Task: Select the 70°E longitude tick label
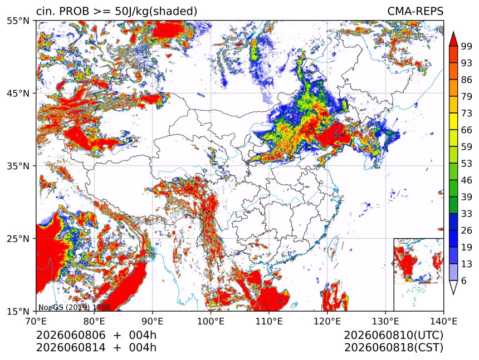[36, 321]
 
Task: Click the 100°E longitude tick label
[211, 321]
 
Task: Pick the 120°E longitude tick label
[327, 321]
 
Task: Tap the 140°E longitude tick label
[443, 321]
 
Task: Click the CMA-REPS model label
[415, 11]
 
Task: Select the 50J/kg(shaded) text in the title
[156, 12]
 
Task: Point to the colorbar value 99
[467, 46]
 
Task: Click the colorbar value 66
[467, 130]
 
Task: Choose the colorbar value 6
[464, 280]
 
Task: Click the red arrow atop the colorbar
[453, 39]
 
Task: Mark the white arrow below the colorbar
[453, 287]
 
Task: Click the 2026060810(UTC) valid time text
[393, 336]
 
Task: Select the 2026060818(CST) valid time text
[393, 348]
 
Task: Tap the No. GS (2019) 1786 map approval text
[74, 307]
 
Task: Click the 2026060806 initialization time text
[71, 335]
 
